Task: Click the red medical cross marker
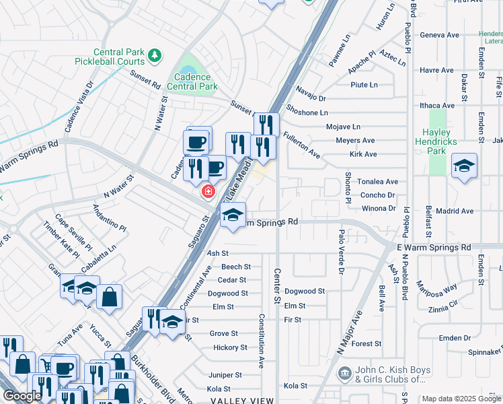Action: pyautogui.click(x=208, y=192)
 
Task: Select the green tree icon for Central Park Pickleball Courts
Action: pyautogui.click(x=155, y=55)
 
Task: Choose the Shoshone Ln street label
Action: pyautogui.click(x=307, y=112)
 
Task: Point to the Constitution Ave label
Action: pyautogui.click(x=260, y=340)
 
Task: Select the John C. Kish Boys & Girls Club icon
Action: pyautogui.click(x=344, y=372)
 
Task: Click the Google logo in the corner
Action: pyautogui.click(x=22, y=396)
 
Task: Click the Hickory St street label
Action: pyautogui.click(x=229, y=347)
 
